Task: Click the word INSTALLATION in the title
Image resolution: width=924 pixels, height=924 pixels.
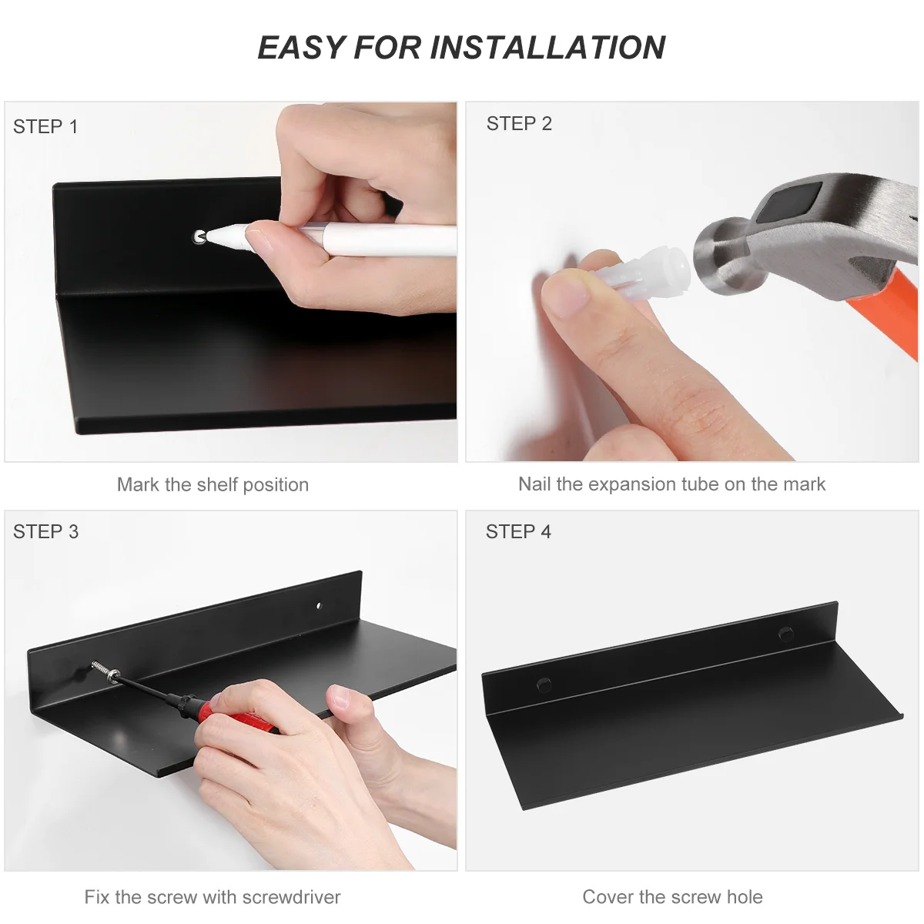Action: (547, 48)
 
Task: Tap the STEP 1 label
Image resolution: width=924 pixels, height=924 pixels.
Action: (45, 126)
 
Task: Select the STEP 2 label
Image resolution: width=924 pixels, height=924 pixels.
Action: (519, 124)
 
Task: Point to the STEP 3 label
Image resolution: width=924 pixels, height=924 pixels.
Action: (45, 531)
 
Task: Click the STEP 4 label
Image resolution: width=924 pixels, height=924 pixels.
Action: (518, 531)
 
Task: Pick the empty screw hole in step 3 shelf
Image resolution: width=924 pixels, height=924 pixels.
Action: (319, 606)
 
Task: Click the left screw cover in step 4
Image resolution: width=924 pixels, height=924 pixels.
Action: (544, 684)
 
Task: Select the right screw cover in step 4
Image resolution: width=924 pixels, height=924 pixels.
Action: (785, 634)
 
